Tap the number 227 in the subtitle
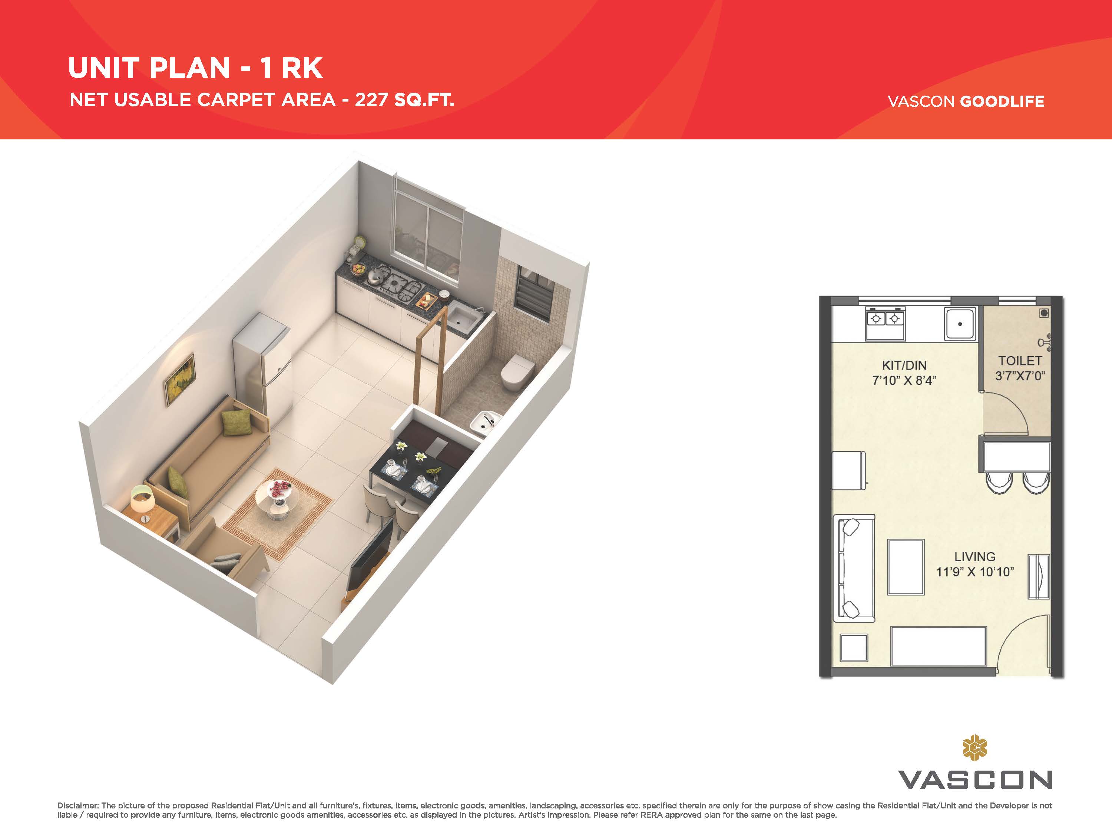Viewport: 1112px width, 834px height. point(371,100)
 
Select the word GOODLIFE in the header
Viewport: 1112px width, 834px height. point(1002,101)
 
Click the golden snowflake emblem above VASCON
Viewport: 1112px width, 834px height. point(975,748)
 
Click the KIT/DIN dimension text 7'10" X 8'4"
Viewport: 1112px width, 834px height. point(904,381)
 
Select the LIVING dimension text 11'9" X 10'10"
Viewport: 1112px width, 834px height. point(975,572)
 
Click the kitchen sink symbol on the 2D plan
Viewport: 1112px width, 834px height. point(960,324)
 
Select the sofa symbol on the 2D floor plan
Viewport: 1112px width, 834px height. point(854,568)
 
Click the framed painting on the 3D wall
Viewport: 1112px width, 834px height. point(179,379)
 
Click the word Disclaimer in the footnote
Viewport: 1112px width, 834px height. point(77,805)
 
